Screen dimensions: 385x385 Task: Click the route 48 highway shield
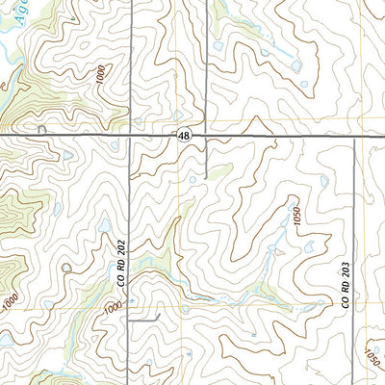[182, 139]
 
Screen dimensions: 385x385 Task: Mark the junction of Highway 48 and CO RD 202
[131, 139]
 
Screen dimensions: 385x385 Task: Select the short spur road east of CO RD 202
[144, 316]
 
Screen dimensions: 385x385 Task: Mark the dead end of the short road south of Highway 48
[206, 179]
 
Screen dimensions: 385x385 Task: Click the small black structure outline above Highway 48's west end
[41, 129]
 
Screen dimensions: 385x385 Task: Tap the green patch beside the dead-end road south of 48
[218, 171]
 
